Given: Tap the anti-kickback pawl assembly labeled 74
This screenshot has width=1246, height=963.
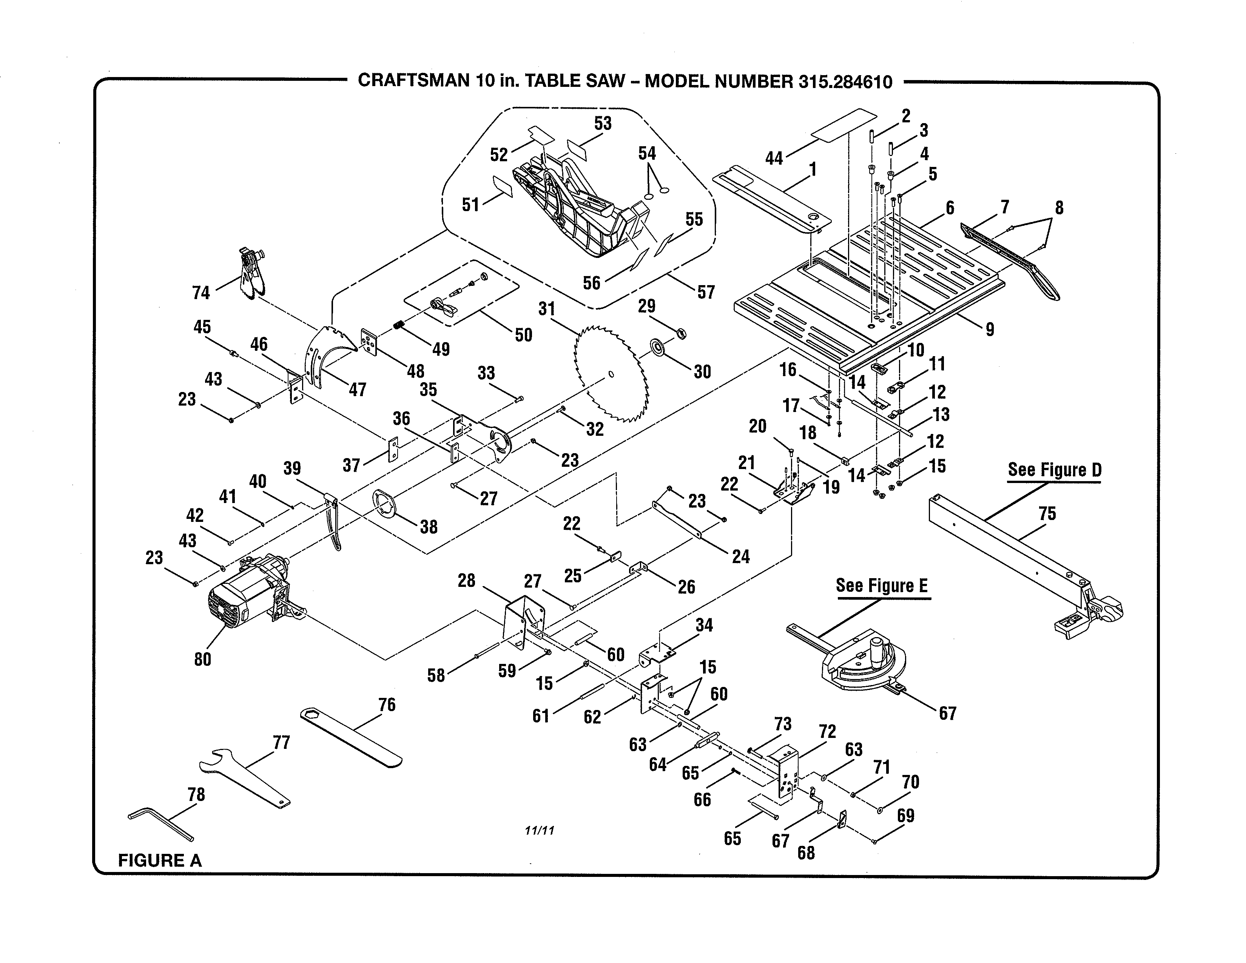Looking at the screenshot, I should tap(251, 274).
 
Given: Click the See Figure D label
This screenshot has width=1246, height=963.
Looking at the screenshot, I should tap(1054, 470).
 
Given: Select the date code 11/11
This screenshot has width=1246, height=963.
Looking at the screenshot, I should tap(539, 831).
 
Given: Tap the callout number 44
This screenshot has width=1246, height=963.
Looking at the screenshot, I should tap(774, 158).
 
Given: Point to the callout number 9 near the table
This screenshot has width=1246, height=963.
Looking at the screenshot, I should tap(990, 329).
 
